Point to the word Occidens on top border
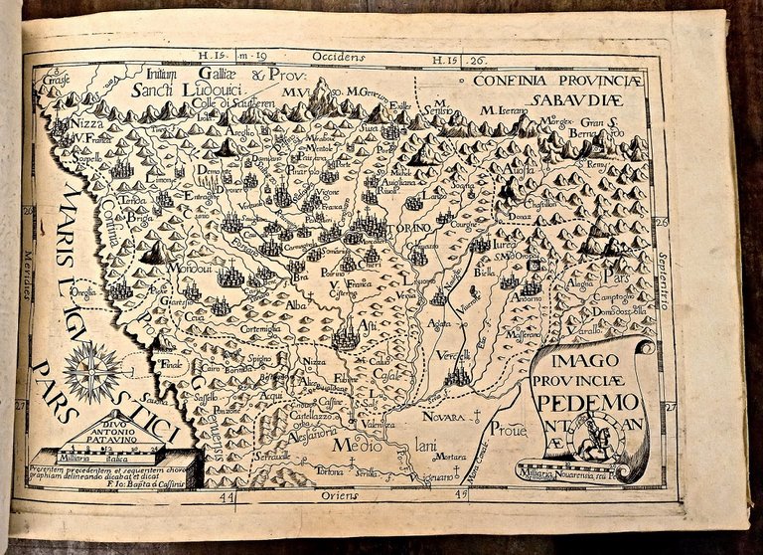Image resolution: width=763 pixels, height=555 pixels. click(333, 59)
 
